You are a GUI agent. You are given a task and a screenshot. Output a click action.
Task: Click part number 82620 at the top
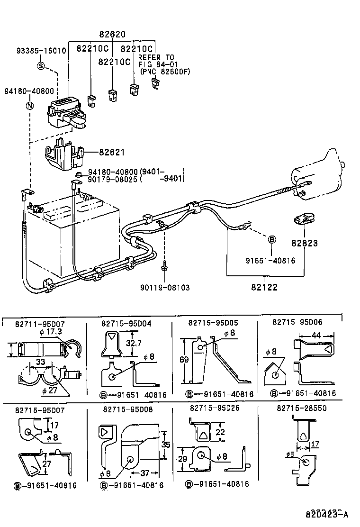(112, 35)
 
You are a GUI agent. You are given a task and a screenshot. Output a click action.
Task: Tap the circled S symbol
(41, 65)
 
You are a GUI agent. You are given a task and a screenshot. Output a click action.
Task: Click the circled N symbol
(29, 106)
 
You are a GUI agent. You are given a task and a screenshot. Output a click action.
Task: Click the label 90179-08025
(112, 179)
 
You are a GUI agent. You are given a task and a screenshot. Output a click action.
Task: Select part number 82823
(304, 243)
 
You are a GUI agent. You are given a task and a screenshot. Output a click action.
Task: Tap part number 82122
(265, 287)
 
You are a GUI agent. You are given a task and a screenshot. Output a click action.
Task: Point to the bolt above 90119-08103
(165, 267)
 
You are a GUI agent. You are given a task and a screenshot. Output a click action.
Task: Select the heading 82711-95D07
(40, 324)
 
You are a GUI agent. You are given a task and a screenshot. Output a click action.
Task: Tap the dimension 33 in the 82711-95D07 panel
(40, 362)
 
